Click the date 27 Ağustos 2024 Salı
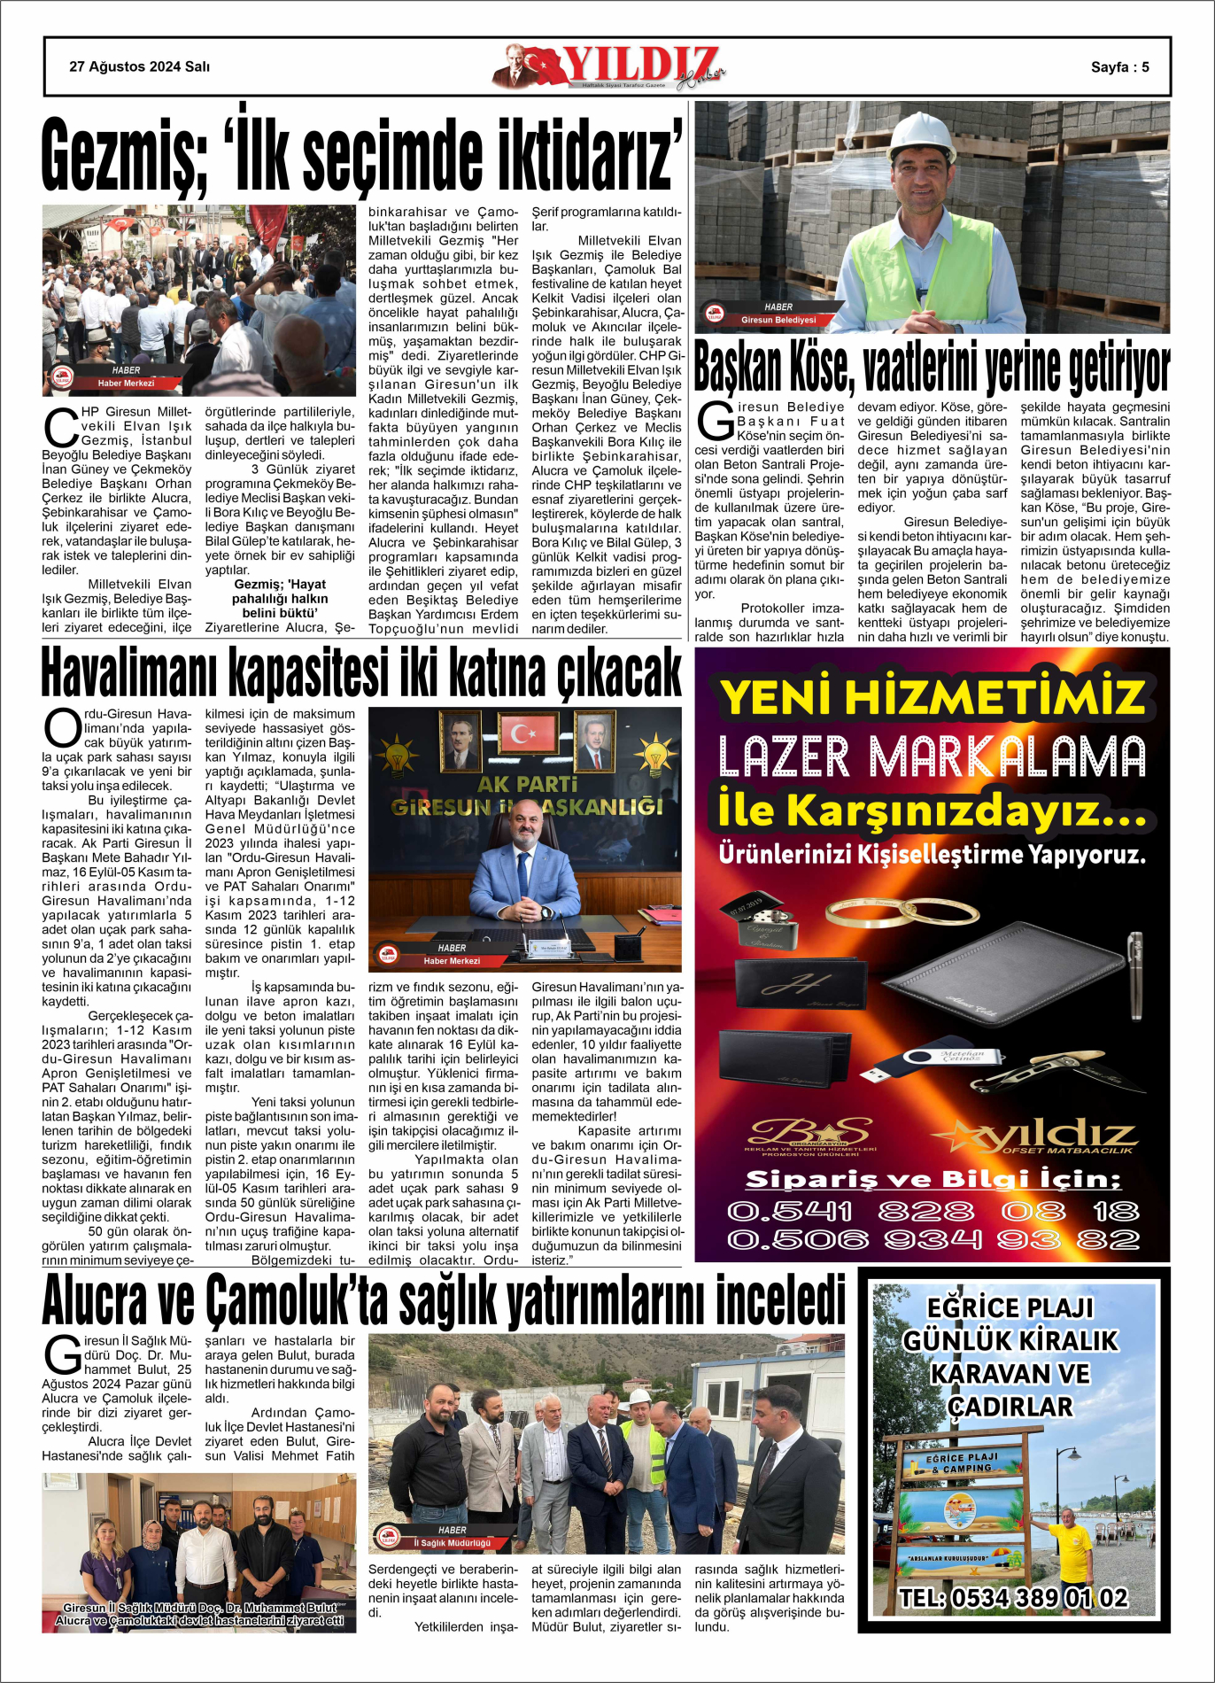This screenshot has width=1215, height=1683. [139, 66]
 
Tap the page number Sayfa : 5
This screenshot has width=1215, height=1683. [1119, 67]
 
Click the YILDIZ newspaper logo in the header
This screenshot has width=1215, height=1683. [611, 67]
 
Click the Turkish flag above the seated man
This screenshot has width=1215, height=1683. [528, 733]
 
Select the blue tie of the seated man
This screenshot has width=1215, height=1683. [523, 873]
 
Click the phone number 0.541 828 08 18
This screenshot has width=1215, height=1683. [933, 1211]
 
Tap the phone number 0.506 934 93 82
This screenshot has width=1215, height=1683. [933, 1239]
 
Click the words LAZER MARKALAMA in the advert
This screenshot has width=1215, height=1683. [932, 758]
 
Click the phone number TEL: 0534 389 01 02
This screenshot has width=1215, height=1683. [1013, 1597]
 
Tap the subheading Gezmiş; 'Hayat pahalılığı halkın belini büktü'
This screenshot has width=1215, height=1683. [280, 598]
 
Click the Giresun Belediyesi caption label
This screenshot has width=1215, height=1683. [778, 320]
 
